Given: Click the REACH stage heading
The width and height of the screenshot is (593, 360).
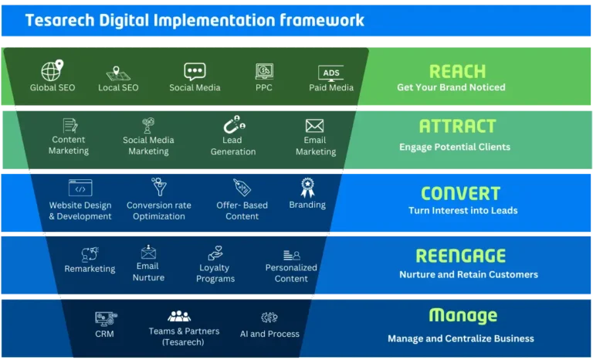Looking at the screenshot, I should click(457, 71).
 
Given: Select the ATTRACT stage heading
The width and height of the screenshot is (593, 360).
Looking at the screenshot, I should click(456, 126).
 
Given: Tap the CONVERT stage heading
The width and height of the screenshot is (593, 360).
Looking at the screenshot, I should click(460, 193).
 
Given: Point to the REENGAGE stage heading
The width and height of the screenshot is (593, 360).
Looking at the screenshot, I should click(460, 256).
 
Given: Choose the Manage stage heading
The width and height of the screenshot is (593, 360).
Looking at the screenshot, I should click(463, 316).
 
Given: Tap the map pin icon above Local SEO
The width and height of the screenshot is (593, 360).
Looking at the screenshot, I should click(118, 72).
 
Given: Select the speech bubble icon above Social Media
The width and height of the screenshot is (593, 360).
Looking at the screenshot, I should click(195, 72).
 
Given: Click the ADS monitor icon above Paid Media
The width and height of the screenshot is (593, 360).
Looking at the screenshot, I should click(330, 73).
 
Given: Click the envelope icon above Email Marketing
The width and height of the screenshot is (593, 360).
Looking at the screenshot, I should click(314, 126).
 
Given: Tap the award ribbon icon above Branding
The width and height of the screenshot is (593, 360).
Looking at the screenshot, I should click(307, 187).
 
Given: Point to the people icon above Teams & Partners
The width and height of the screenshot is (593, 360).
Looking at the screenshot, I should click(179, 317).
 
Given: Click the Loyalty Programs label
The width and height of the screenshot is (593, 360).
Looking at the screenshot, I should click(215, 273).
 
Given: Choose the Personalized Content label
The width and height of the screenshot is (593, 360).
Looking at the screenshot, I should click(291, 273).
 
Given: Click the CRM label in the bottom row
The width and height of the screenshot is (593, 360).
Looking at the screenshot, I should click(106, 334).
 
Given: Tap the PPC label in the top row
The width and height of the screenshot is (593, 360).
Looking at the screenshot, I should click(264, 88).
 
